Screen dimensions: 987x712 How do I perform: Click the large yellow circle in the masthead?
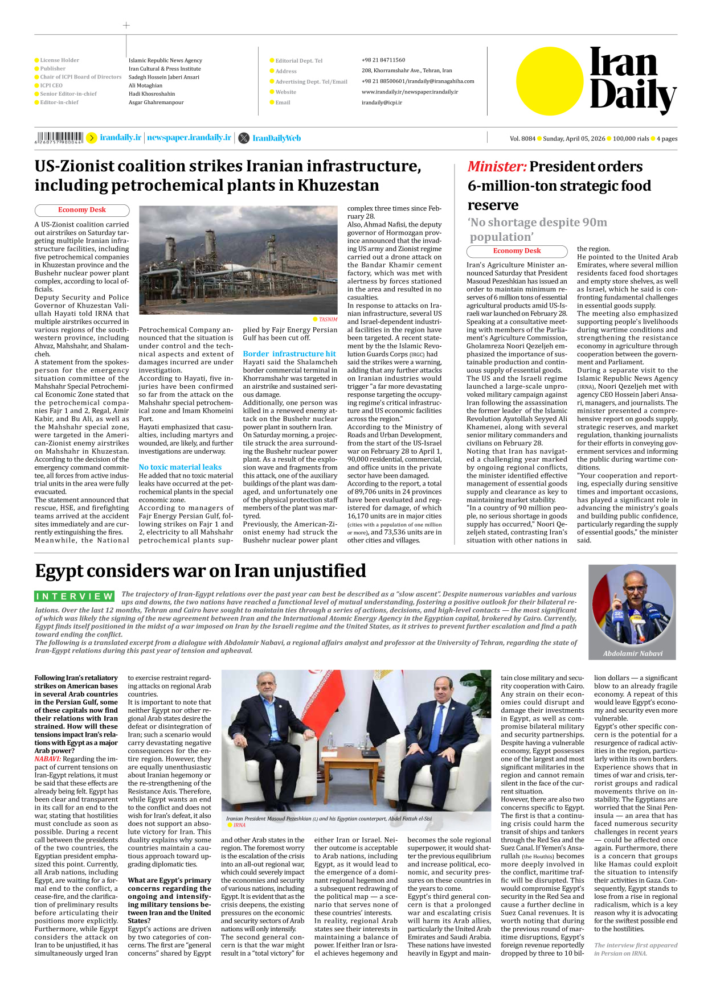(x=550, y=81)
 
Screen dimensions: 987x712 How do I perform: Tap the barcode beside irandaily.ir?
(x=59, y=138)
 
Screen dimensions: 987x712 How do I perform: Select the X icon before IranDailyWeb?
(x=244, y=138)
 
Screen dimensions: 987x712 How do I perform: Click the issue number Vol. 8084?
(x=522, y=139)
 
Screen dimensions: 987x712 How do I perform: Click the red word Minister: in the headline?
(x=497, y=167)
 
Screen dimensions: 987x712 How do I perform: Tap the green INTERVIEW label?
(x=75, y=597)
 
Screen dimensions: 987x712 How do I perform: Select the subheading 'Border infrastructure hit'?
(x=289, y=353)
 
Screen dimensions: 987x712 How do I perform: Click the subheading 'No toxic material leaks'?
(x=180, y=467)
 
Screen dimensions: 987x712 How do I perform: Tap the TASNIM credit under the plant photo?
(x=328, y=319)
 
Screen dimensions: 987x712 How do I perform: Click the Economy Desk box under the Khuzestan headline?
(x=82, y=210)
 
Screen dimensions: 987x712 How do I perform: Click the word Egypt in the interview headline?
(x=63, y=571)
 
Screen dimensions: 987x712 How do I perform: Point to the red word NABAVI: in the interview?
(x=47, y=759)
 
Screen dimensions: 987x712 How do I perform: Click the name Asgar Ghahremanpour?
(x=156, y=102)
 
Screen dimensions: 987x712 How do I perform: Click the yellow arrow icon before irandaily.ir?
(x=91, y=138)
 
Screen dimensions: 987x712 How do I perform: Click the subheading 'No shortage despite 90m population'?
(x=537, y=229)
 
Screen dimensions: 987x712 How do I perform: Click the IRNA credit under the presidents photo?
(x=239, y=825)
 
